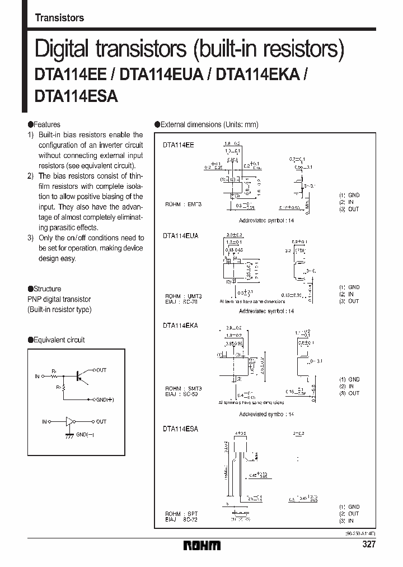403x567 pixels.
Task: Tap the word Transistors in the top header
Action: [59, 17]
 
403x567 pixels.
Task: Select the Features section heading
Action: [46, 124]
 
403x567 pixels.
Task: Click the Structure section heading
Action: [48, 289]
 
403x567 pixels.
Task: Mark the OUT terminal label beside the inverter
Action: [101, 421]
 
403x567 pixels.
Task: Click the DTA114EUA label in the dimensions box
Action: [181, 236]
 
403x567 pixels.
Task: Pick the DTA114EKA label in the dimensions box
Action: [181, 324]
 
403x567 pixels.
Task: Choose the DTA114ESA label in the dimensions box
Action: [181, 428]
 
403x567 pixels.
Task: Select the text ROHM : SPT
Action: [181, 513]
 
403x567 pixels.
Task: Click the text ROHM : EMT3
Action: [183, 205]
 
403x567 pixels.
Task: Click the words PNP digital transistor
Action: [59, 300]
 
